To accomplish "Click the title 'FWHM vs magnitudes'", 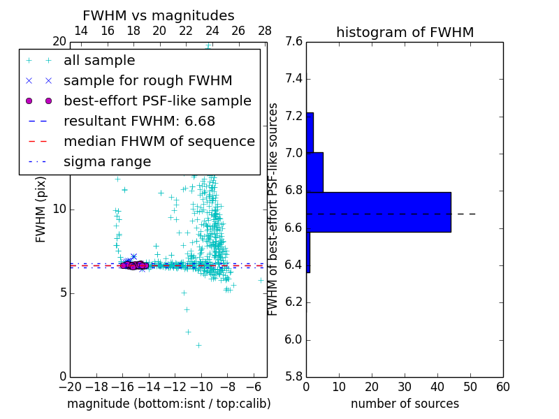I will [159, 16].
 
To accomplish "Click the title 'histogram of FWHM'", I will [405, 32].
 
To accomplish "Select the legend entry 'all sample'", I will [99, 61].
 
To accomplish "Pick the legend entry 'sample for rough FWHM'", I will [147, 81].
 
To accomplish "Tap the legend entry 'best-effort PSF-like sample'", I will [157, 101].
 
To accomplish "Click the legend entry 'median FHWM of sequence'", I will [159, 142].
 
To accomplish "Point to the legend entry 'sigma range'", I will [107, 162].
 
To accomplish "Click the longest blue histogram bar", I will [378, 212].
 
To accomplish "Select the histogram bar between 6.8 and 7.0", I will [314, 172].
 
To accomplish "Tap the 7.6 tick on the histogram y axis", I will [293, 42].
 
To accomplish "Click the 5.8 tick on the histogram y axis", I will [293, 377].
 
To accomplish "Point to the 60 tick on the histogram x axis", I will [502, 387].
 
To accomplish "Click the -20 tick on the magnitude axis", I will [70, 387].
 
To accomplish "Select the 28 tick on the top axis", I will [265, 31].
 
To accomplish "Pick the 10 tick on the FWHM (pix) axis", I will [59, 209].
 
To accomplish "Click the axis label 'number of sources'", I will [405, 404].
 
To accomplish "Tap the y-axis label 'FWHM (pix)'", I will [41, 209].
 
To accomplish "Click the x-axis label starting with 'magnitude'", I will [168, 404].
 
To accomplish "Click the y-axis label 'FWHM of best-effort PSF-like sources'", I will [274, 209].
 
